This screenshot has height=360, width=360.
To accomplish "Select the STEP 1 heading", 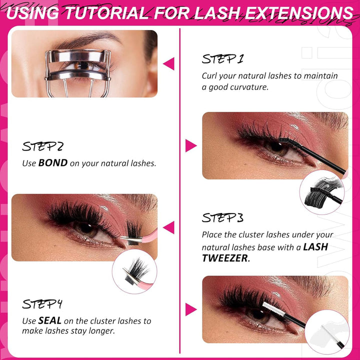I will (222, 59).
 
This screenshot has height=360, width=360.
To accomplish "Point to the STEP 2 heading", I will (42, 147).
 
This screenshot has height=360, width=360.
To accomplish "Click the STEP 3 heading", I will (222, 218).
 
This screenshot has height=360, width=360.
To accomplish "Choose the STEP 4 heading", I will (42, 304).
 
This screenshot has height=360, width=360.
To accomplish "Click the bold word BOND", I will (52, 163).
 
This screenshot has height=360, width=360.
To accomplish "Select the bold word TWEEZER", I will (224, 258).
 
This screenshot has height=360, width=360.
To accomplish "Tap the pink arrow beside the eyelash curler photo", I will (168, 63).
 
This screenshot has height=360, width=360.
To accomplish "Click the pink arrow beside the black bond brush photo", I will (190, 145).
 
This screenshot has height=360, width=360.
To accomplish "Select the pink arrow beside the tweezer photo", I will (168, 227).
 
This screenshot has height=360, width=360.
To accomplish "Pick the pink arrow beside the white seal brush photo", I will (190, 309).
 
